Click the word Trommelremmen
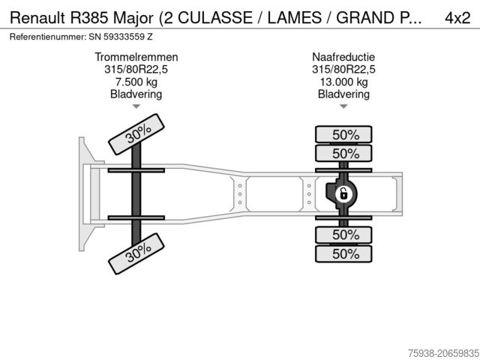136,57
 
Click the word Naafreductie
343,57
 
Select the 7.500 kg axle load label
136,82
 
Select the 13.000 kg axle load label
343,82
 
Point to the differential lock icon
343,194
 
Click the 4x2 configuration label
456,17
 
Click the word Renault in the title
35,17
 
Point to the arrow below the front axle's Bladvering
136,106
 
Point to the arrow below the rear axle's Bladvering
343,106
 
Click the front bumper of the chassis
83,194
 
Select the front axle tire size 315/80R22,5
136,70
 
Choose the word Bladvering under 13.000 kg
343,94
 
